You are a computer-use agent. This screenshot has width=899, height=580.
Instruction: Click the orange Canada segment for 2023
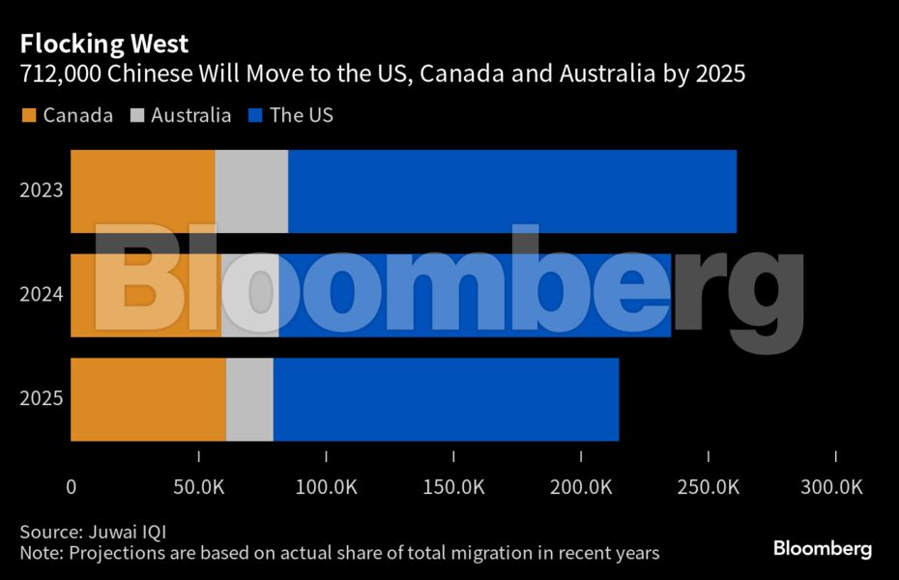point(143,191)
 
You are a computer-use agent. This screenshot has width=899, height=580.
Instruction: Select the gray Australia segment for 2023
point(251,191)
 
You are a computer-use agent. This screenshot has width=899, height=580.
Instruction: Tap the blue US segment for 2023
point(512,191)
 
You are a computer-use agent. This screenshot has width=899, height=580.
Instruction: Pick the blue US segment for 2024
point(474,295)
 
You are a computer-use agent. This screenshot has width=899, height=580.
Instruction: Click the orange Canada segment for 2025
point(148,399)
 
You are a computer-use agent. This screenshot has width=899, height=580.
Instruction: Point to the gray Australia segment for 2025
point(249,399)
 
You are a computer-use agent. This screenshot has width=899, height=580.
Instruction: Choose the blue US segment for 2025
point(446,399)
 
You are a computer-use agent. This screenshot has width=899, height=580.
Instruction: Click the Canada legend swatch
point(28,116)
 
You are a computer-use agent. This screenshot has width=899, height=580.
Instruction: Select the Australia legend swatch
point(137,116)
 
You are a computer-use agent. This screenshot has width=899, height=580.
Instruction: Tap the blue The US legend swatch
point(254,116)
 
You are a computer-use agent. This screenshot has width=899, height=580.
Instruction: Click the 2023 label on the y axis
point(42,189)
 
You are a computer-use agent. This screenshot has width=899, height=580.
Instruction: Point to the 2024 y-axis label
point(42,294)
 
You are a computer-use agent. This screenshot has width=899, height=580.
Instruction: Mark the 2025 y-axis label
point(42,398)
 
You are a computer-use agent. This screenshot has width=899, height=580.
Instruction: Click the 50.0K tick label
point(198,487)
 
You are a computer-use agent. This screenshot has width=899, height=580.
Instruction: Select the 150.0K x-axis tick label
point(453,487)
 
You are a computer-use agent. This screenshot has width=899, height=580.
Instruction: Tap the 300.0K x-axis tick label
point(835,487)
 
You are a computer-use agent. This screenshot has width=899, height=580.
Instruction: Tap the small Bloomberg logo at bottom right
point(822,549)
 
